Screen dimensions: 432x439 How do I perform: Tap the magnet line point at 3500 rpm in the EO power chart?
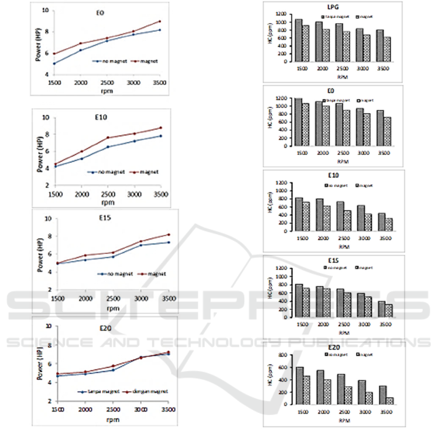pyautogui.click(x=160, y=21)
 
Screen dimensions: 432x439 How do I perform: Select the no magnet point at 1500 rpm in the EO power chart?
pyautogui.click(x=55, y=63)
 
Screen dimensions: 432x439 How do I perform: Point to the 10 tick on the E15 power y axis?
pyautogui.click(x=49, y=219)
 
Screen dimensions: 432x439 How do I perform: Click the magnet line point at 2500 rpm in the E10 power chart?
pyautogui.click(x=108, y=138)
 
